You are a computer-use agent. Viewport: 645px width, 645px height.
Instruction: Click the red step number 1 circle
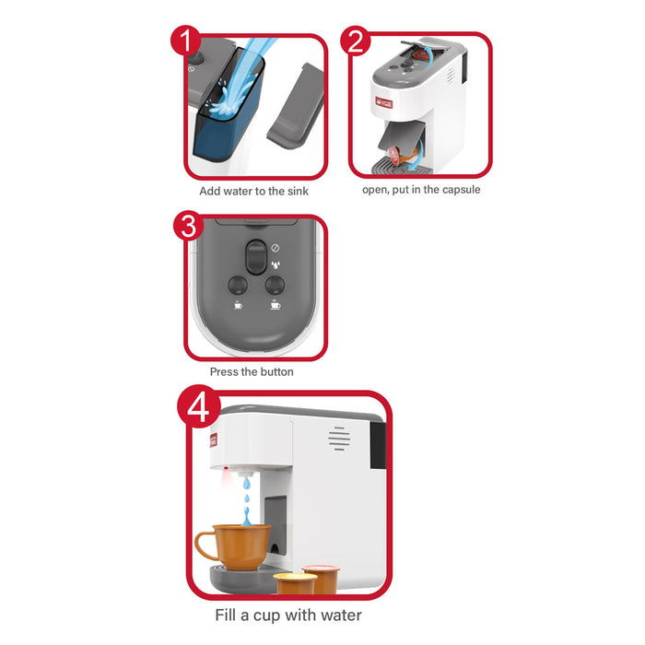click(x=186, y=41)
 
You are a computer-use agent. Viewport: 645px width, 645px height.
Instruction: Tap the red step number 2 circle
click(x=356, y=41)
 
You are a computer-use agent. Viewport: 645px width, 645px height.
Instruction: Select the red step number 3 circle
click(x=188, y=226)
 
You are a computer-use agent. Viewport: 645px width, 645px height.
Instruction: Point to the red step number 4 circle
click(x=199, y=406)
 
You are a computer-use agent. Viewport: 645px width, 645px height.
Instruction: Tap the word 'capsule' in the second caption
click(x=461, y=190)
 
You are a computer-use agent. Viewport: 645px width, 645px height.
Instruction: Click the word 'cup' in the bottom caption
click(x=266, y=616)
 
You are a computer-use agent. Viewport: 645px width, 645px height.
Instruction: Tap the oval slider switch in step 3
click(x=255, y=257)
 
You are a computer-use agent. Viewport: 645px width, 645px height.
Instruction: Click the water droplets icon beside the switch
click(x=276, y=264)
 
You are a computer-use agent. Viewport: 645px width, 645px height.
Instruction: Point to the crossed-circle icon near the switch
click(x=276, y=248)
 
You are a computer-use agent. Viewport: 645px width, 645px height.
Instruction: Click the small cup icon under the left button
click(x=238, y=305)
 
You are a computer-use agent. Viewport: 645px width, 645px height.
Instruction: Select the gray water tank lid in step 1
click(x=296, y=105)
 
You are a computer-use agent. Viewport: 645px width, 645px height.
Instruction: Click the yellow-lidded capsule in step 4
click(x=295, y=583)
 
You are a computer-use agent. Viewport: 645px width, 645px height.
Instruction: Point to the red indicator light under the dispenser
click(x=226, y=468)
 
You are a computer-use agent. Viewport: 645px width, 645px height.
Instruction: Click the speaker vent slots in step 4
click(x=339, y=439)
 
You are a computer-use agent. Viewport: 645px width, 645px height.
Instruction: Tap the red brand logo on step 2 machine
click(x=384, y=102)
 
